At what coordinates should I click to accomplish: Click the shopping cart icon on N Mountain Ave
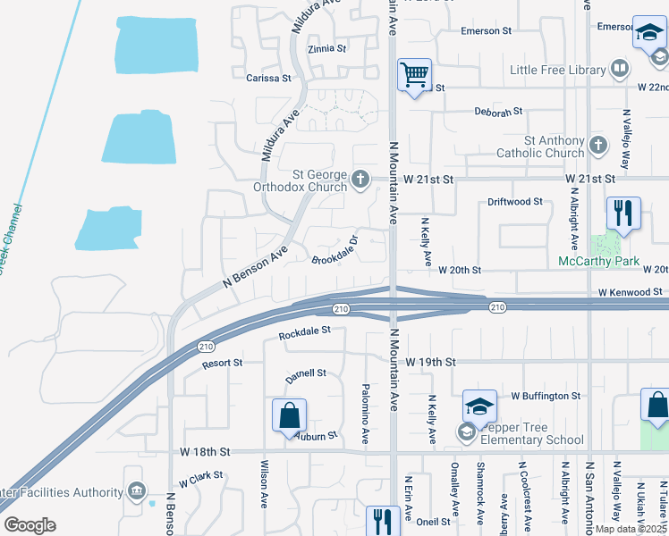click(x=415, y=74)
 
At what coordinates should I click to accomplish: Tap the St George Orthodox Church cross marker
click(x=360, y=179)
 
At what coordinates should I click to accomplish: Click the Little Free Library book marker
click(x=619, y=69)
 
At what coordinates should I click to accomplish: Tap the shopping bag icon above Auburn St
click(x=289, y=415)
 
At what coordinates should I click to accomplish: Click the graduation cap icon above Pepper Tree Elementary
click(x=479, y=406)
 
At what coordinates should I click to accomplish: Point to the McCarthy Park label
click(x=599, y=261)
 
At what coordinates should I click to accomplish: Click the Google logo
click(x=30, y=525)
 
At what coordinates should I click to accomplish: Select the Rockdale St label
click(x=304, y=332)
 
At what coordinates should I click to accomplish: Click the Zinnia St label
click(x=326, y=49)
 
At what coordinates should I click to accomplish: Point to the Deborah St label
click(x=499, y=113)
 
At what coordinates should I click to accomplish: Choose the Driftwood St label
click(x=515, y=202)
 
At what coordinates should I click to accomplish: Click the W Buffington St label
click(x=546, y=395)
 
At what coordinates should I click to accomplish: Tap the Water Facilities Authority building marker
click(x=136, y=491)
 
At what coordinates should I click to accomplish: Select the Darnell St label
click(x=306, y=375)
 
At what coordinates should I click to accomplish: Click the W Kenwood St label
click(x=632, y=292)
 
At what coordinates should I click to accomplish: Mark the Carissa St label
click(x=268, y=79)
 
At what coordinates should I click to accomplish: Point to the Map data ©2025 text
click(x=631, y=529)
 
